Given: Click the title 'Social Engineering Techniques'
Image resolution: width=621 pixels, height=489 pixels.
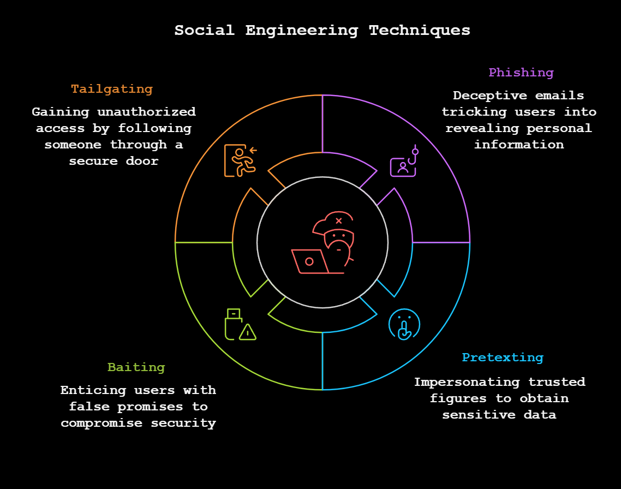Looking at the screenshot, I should point(322,30).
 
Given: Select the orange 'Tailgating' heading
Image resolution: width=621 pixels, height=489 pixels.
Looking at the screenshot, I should point(112,89).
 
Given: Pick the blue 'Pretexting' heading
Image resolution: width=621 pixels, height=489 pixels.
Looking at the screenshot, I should point(503,357).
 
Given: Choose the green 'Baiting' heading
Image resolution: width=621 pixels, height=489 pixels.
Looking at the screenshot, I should point(136,367).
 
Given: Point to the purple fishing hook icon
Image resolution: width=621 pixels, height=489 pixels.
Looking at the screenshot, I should point(404,163).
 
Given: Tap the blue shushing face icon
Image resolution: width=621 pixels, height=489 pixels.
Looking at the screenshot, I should point(404,324).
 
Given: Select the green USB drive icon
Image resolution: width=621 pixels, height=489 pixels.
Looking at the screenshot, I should point(234,324).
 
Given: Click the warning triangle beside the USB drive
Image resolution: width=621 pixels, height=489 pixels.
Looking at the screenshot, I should point(248,332).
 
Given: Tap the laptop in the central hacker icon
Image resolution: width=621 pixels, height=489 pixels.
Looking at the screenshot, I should point(310,261).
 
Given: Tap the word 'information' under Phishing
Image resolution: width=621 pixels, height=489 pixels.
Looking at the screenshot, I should point(518,145).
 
